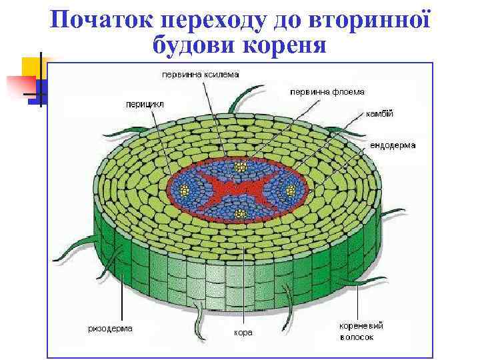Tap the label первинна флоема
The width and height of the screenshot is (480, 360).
pos(322,91)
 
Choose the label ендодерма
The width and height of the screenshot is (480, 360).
pos(393,145)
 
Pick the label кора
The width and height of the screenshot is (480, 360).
pos(243,332)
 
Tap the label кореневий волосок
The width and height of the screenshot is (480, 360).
pos(361,331)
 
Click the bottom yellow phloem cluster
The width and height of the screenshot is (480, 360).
pos(241,213)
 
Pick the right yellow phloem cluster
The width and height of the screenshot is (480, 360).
pos(291,191)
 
